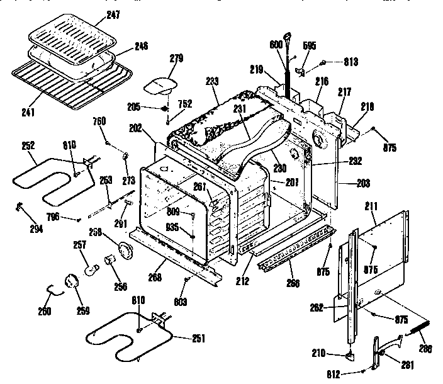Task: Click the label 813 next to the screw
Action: [350, 62]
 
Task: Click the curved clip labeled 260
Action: [56, 290]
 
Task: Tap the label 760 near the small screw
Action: [99, 121]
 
